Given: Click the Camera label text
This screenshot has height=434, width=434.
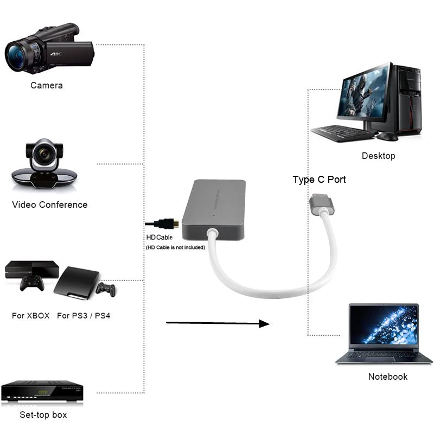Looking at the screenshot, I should [x=46, y=85].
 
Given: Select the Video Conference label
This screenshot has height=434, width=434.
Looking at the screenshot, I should [x=49, y=205].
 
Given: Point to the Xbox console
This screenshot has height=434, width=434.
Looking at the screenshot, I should [x=32, y=269].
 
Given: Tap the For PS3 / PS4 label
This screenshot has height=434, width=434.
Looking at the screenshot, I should [x=84, y=315].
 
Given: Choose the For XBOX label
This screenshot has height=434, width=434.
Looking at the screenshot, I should [x=30, y=315].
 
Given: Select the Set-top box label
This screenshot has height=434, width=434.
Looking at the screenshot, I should [x=43, y=415].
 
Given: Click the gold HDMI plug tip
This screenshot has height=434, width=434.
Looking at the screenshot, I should [x=175, y=223].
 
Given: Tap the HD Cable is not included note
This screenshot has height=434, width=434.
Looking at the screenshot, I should [x=175, y=247].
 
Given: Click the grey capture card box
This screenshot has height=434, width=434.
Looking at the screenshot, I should [x=215, y=209].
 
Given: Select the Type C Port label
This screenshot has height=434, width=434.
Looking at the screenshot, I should [x=319, y=180].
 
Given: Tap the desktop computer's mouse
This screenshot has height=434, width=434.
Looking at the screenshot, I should [x=387, y=136].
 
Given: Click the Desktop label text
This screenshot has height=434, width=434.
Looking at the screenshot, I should [x=378, y=156].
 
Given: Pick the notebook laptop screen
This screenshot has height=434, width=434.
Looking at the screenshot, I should [x=384, y=325].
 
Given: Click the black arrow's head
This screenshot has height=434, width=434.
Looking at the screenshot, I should [x=264, y=324].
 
